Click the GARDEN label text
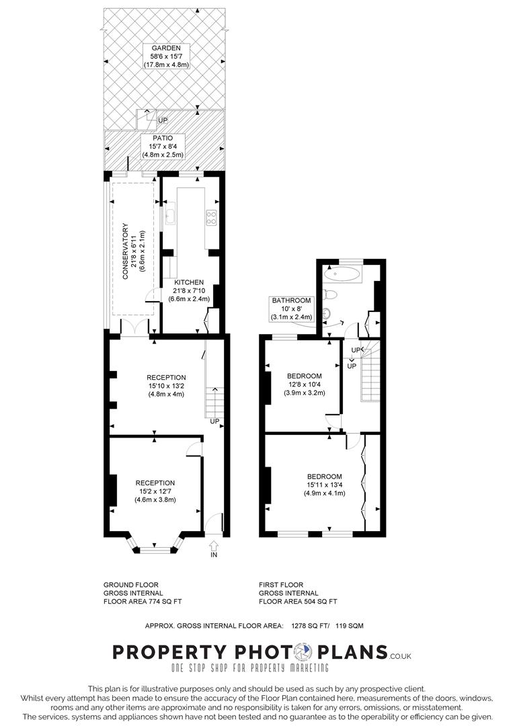tap(165, 48)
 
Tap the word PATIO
tap(165, 138)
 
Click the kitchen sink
tap(170, 217)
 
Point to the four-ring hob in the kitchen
tap(210, 217)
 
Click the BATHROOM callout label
tap(291, 300)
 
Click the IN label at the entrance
tap(214, 555)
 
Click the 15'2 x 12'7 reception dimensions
tap(155, 491)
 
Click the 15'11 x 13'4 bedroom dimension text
tap(325, 485)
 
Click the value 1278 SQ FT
tap(309, 626)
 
